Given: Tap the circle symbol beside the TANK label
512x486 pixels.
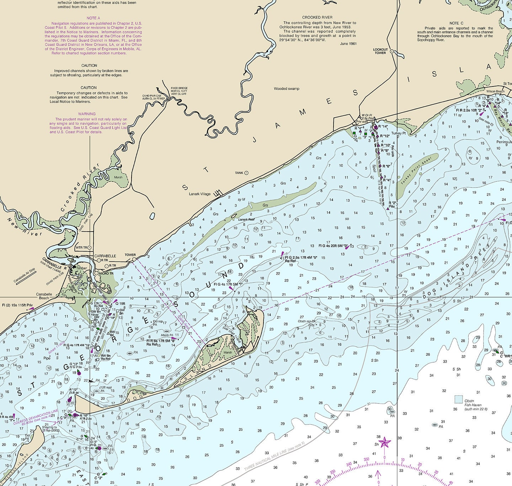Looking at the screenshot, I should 246,173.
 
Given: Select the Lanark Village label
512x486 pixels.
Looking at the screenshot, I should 199,194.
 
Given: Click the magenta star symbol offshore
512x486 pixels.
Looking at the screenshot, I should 384,443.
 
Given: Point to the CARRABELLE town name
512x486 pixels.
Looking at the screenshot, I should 105,256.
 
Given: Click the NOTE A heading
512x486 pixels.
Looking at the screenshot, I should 93,18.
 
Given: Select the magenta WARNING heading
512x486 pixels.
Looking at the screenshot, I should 87,114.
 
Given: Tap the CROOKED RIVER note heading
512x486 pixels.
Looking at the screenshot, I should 317,17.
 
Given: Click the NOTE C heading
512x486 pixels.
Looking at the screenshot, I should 456,23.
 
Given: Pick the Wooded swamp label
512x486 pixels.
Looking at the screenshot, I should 286,89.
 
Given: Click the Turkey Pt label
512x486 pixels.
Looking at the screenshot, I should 398,133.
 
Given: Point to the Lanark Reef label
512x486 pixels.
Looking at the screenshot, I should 246,220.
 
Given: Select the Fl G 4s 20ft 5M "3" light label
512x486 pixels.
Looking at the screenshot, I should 333,246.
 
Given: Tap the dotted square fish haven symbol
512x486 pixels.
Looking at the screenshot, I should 459,399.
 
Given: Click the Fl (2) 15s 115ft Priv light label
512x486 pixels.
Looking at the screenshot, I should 17,305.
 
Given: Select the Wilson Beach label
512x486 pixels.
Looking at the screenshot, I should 495,91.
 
